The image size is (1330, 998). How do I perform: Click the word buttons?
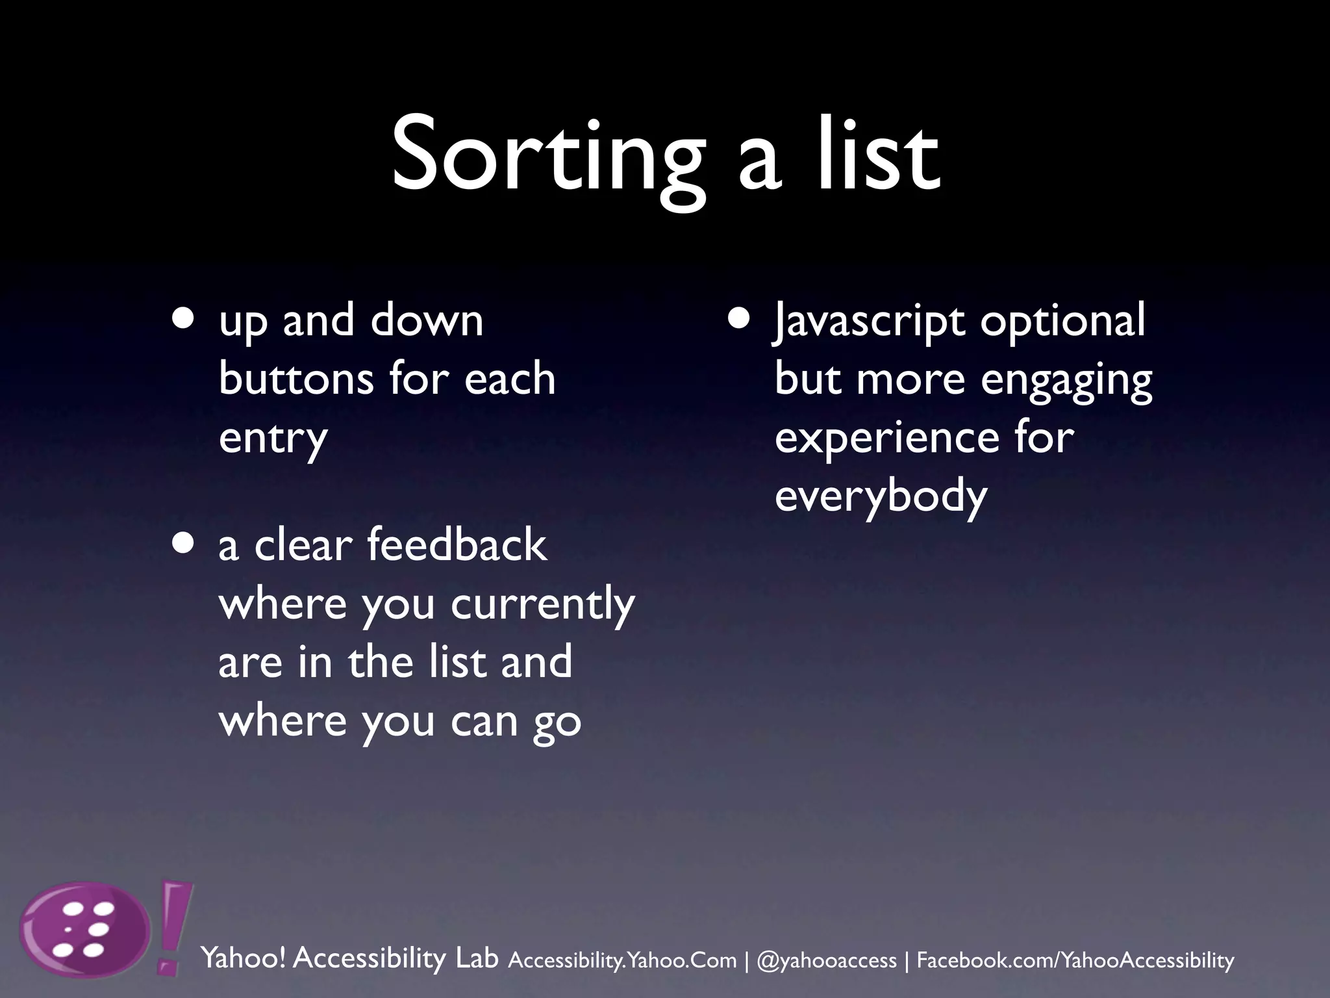296,378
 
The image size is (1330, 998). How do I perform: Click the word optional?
1062,320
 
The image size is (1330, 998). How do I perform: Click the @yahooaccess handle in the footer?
827,960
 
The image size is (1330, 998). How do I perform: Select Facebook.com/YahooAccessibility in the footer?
1075,960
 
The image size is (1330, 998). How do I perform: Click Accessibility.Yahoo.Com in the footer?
622,960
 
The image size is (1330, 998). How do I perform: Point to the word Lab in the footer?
477,958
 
